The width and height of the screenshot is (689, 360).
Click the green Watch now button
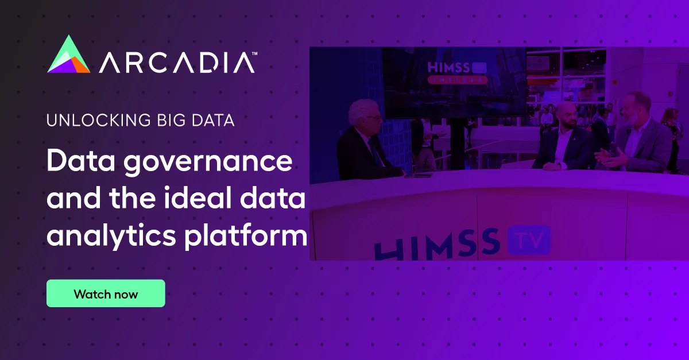pos(106,293)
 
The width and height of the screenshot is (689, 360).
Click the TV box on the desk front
pos(529,240)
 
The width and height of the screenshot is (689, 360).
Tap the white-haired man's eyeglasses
pos(372,117)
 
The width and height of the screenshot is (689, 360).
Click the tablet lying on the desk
pos(419,174)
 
